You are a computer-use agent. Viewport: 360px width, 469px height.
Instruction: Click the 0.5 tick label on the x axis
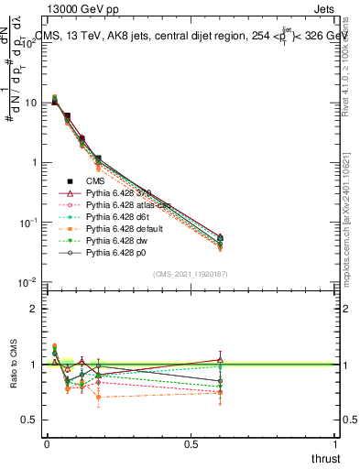coord(191,444)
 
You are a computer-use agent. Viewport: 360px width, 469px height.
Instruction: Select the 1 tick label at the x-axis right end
coord(336,444)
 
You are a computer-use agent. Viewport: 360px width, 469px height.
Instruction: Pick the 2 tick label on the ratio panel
coord(35,309)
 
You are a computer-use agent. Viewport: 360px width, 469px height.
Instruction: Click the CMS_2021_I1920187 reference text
coord(190,274)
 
